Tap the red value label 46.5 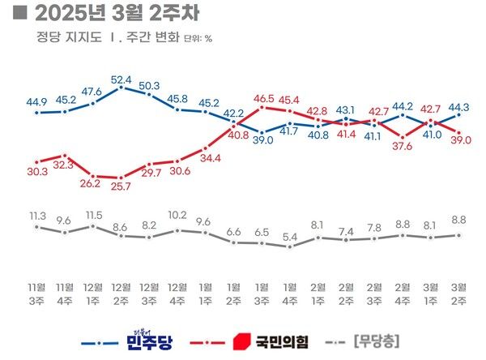(x=262, y=99)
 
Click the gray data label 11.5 (x=94, y=215)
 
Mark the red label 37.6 (x=403, y=146)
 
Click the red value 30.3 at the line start (x=37, y=171)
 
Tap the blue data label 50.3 (x=149, y=84)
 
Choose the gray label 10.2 (x=177, y=216)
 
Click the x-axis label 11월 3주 (x=37, y=293)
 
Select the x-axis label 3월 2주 (x=459, y=293)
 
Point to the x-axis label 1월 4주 (x=290, y=293)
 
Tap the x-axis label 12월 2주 (x=122, y=293)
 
